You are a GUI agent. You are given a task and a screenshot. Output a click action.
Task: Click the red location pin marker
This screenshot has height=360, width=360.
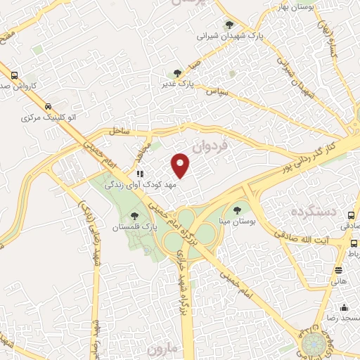(181, 165)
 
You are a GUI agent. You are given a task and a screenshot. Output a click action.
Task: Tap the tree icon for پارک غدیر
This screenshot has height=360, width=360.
(177, 72)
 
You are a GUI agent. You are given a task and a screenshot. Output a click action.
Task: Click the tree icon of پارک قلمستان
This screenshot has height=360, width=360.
(134, 215)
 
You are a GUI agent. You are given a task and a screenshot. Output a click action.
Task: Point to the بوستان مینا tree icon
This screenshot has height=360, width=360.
(236, 209)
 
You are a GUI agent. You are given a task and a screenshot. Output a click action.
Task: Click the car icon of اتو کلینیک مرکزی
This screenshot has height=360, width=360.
(48, 107)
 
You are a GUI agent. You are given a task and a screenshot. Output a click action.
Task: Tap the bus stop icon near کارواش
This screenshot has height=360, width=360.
(15, 75)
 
